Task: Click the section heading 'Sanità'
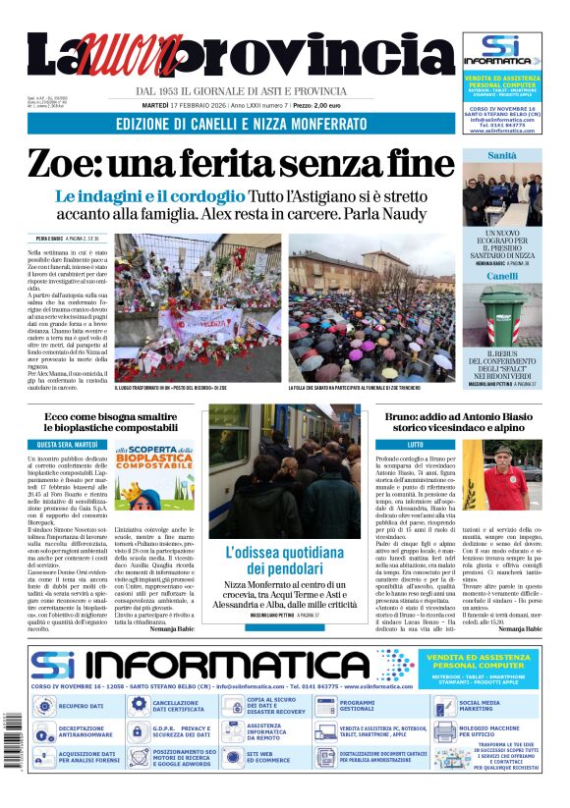(502, 155)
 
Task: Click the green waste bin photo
(502, 313)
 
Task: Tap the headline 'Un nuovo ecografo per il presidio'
(501, 241)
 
